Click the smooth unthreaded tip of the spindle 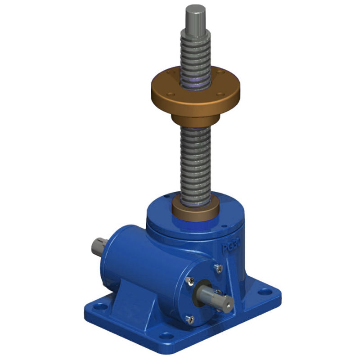(x=195, y=18)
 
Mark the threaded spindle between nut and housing (x=195, y=162)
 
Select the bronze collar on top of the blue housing (x=195, y=210)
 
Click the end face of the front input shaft (x=227, y=306)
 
